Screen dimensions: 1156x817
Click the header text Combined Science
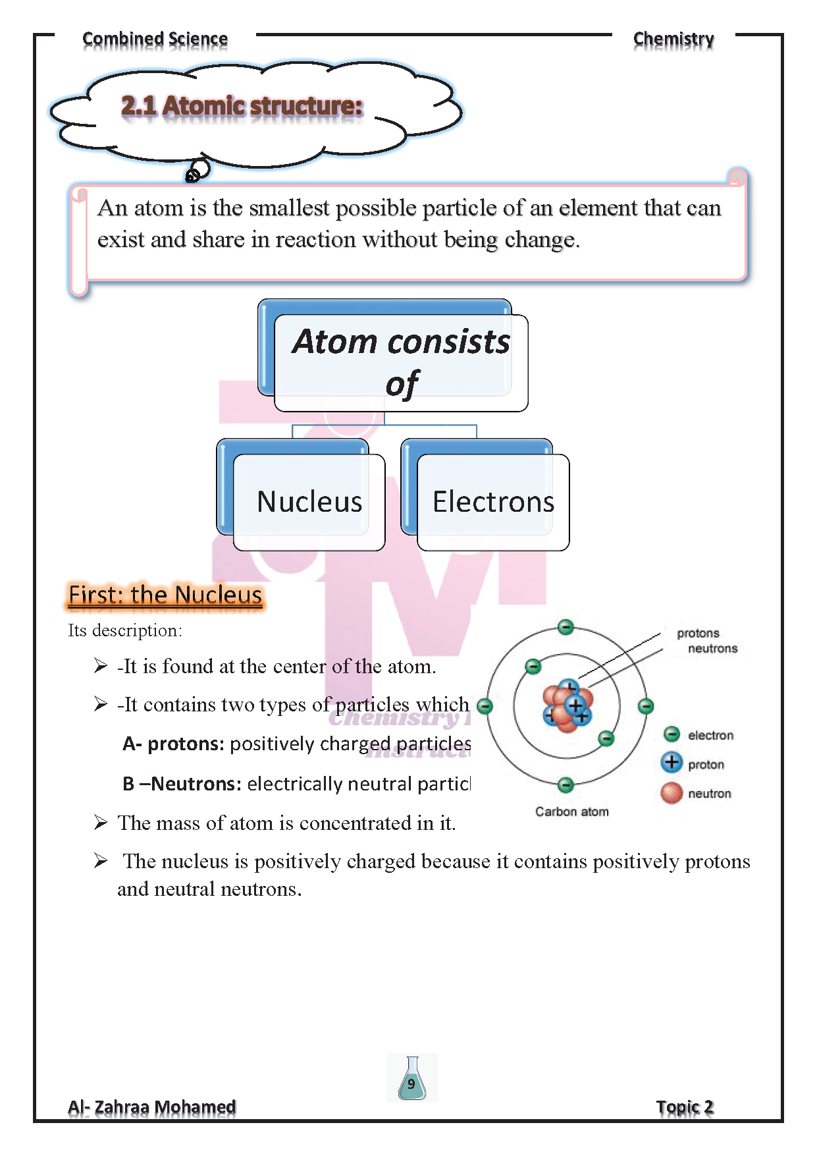155,40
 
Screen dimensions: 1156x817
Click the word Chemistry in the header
673,40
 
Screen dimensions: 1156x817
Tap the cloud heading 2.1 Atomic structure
242,106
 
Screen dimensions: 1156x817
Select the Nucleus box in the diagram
309,502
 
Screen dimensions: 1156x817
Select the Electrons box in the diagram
493,502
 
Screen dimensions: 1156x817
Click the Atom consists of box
401,362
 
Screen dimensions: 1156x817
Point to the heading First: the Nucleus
165,595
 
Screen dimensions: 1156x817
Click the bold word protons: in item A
186,744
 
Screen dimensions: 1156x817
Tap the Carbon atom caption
571,812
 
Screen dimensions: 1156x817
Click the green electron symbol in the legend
672,734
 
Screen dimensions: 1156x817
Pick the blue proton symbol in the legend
672,763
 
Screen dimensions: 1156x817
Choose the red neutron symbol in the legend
672,792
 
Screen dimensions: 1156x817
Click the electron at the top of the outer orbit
566,627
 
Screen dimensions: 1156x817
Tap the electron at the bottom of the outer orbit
566,784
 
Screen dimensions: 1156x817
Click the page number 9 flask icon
411,1078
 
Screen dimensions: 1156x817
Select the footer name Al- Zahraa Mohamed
152,1107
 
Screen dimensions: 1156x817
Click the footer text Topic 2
685,1107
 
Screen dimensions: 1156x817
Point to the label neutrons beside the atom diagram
712,649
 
